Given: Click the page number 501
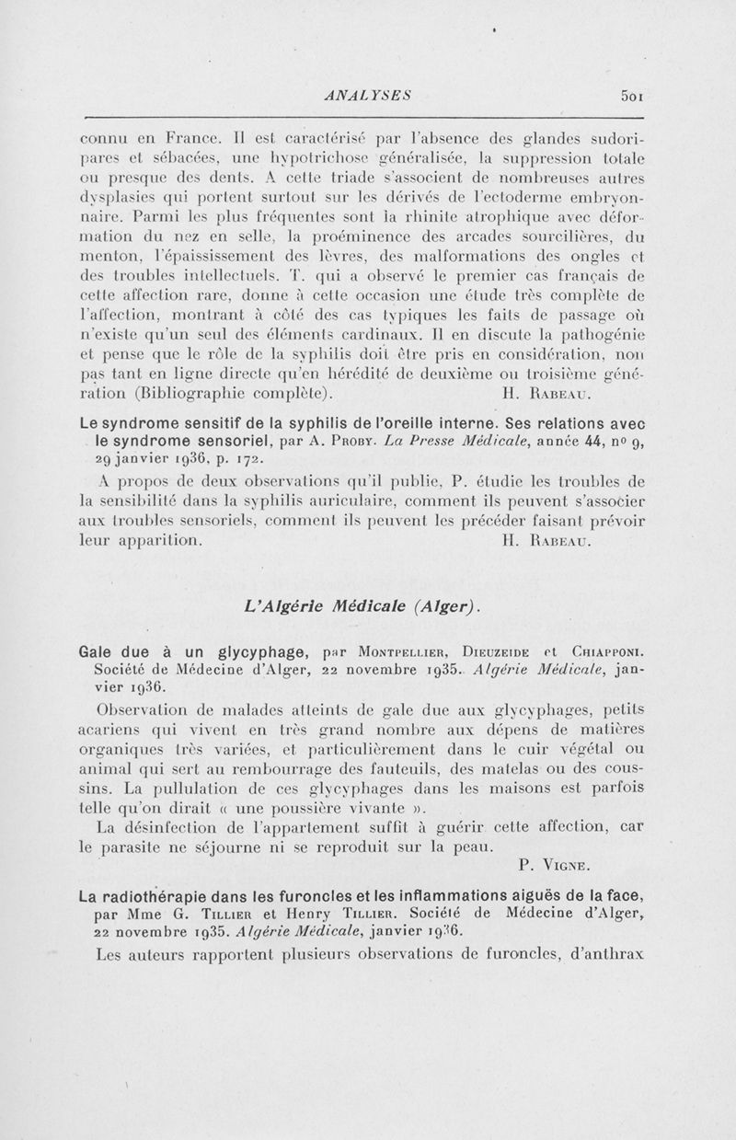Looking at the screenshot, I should (x=636, y=93).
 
